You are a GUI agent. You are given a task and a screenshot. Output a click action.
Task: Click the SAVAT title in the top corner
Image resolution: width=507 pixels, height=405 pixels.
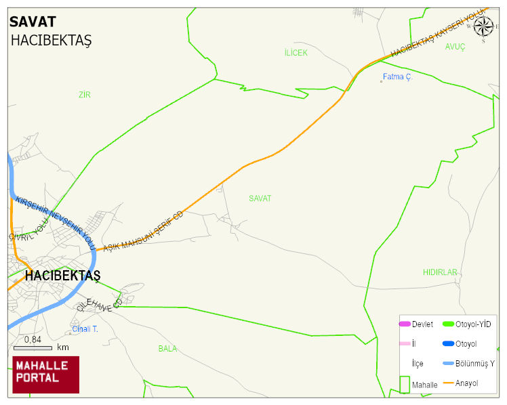33,22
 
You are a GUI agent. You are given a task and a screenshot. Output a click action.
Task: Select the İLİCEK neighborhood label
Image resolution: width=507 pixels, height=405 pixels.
296,53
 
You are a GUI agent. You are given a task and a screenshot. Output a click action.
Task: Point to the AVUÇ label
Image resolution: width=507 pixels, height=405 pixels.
455,47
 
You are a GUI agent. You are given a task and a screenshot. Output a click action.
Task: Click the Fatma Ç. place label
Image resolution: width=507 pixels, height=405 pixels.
397,77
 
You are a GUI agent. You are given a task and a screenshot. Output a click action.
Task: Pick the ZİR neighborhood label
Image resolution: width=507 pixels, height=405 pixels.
84,95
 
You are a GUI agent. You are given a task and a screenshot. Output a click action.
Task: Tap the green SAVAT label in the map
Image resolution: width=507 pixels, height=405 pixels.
260,198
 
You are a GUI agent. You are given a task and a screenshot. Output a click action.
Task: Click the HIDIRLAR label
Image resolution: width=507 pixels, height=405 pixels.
441,272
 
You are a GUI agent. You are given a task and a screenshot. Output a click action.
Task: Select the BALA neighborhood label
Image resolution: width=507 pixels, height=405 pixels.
167,349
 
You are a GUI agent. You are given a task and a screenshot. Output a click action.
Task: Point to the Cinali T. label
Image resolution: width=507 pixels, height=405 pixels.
85,330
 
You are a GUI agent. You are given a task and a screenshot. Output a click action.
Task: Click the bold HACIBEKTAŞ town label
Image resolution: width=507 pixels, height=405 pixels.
62,276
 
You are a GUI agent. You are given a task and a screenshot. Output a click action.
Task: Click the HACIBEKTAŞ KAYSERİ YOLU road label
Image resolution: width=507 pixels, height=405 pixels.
439,32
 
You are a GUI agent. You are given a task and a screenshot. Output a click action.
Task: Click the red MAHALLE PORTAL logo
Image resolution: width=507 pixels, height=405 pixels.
45,375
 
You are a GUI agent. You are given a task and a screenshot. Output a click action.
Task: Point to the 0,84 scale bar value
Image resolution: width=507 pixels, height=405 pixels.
33,339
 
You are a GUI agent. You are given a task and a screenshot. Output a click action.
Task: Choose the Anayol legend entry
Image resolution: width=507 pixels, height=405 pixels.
466,383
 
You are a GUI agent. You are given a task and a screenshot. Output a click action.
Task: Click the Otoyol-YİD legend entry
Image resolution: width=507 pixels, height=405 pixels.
473,324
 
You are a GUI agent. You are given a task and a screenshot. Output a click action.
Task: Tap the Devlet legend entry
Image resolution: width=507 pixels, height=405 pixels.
422,324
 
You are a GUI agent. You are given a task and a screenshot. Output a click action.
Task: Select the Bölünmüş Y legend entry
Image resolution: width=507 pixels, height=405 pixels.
474,364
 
